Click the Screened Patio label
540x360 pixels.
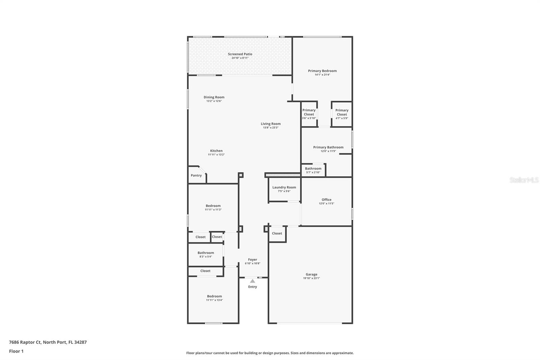click(240, 54)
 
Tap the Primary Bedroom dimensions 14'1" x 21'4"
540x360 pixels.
click(322, 75)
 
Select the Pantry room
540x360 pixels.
click(196, 176)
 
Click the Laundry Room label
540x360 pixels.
click(284, 187)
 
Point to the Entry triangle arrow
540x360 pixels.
click(252, 281)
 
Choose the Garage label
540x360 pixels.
click(312, 275)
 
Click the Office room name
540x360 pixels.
click(326, 200)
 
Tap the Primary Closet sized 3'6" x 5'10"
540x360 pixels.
click(309, 114)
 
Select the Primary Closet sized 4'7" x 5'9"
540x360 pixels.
click(342, 114)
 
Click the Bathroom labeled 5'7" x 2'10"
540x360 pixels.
click(313, 170)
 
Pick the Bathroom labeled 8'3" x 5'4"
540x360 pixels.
click(206, 254)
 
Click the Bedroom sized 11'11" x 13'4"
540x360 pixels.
click(214, 298)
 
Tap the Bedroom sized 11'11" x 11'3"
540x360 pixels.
click(213, 207)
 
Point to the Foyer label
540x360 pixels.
click(252, 260)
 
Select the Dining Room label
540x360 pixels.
click(214, 97)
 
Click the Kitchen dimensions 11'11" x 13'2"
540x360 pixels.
click(216, 155)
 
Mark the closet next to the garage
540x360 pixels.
click(277, 233)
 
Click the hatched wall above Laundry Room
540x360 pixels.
click(282, 175)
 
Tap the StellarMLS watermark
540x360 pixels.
click(524, 180)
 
